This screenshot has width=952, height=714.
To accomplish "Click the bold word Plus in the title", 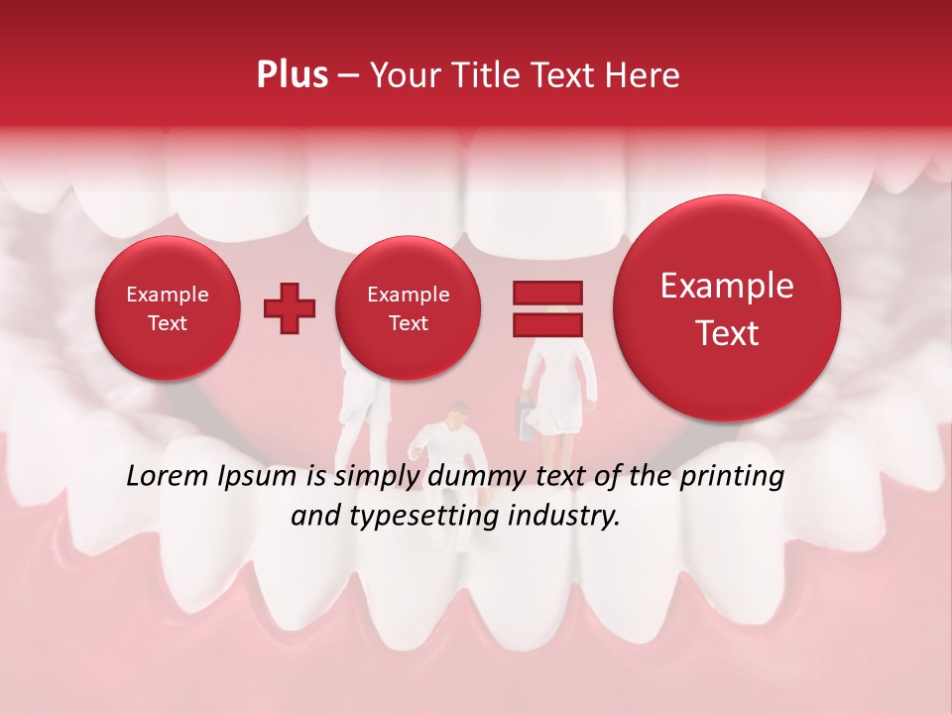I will tap(292, 74).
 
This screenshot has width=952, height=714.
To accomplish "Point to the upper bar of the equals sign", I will tap(546, 293).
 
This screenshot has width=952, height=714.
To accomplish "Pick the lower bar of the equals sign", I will tap(546, 324).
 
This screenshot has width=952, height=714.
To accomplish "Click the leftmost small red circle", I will tap(167, 308).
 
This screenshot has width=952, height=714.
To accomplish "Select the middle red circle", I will tap(408, 308).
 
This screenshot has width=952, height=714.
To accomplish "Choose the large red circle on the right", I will tap(727, 308).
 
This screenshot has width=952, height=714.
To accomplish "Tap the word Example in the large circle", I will tap(727, 286).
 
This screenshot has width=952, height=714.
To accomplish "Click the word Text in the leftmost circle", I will tap(167, 323).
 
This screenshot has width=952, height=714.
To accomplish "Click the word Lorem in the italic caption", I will tap(169, 477).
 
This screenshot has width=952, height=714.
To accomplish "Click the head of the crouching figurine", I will tap(457, 413).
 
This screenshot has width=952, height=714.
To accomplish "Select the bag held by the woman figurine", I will tap(525, 418).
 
